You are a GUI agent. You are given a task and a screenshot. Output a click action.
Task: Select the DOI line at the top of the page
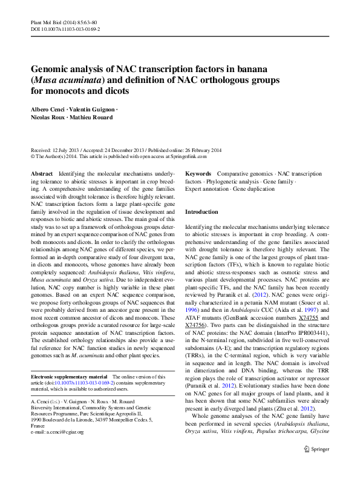click(65, 28)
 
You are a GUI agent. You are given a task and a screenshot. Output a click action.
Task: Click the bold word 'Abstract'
click(42, 173)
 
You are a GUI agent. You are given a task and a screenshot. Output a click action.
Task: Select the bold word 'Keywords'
click(198, 173)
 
